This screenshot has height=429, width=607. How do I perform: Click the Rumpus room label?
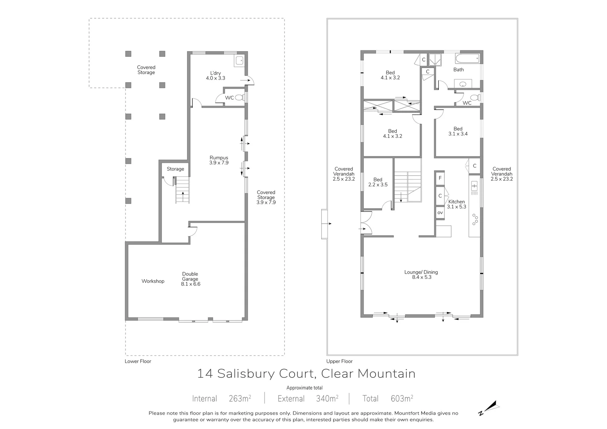[219, 160]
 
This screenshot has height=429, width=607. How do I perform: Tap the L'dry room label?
[215, 75]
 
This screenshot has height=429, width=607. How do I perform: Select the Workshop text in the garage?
[153, 281]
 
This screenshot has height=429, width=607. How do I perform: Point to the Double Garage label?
[190, 279]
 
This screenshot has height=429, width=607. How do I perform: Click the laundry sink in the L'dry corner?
[239, 61]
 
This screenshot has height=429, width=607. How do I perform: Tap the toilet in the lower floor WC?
[239, 98]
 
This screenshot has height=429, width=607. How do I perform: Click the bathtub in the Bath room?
[467, 60]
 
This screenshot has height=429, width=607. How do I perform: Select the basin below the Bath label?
[463, 84]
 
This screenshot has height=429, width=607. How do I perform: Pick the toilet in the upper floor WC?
[474, 98]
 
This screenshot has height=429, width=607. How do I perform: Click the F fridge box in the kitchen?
[440, 178]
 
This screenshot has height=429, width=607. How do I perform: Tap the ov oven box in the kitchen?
[440, 213]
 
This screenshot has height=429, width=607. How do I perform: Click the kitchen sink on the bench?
[474, 186]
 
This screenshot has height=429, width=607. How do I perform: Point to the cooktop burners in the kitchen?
[475, 219]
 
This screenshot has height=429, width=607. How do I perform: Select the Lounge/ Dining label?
[421, 274]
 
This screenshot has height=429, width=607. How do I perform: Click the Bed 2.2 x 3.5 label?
[378, 182]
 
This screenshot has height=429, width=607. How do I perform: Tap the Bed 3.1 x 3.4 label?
[458, 131]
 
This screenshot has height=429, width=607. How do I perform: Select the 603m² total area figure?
[401, 398]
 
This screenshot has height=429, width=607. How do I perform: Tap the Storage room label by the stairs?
[175, 169]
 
